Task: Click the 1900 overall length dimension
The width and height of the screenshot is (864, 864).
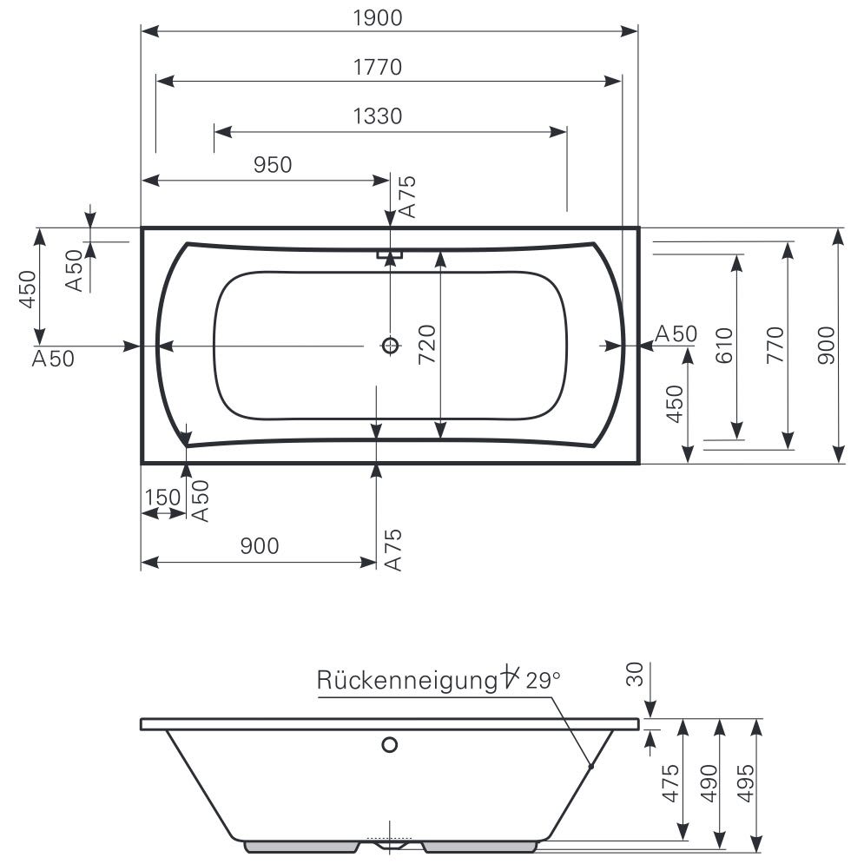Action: tap(378, 18)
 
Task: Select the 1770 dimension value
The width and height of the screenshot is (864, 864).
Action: tap(378, 67)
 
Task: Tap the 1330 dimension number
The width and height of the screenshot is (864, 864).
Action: tap(378, 116)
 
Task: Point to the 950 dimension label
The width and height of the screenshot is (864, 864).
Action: tap(273, 165)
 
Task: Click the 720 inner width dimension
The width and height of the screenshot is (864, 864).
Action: tap(427, 344)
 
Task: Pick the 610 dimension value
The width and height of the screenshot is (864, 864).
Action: tap(724, 346)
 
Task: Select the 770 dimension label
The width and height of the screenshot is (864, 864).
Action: tap(775, 345)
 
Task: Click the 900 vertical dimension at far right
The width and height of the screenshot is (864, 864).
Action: tap(826, 345)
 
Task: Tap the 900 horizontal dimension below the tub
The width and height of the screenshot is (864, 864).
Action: tap(260, 546)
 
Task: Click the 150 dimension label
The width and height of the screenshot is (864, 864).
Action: tap(162, 498)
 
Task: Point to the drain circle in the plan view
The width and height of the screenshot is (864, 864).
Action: tap(390, 346)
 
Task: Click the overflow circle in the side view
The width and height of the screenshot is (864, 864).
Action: tap(390, 745)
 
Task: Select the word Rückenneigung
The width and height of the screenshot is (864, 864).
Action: tap(407, 681)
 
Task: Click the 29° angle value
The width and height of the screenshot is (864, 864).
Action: tap(544, 681)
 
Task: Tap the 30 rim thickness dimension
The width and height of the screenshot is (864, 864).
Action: tap(635, 675)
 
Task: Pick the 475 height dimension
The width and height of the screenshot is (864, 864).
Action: tap(670, 783)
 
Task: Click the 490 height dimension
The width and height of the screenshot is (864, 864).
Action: tap(709, 783)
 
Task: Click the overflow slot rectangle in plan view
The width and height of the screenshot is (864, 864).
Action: tap(390, 255)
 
